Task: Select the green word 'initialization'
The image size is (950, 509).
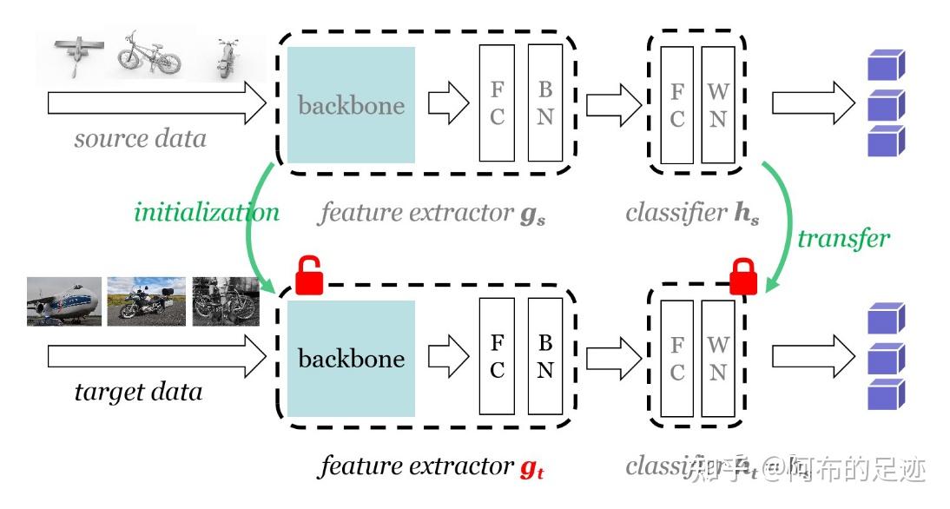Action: [207, 212]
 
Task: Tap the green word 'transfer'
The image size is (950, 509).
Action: [844, 237]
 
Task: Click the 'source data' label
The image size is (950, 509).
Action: [140, 138]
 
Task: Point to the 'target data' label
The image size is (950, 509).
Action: [138, 391]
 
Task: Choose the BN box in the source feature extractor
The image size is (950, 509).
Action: [544, 103]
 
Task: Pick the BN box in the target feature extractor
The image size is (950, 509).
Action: [544, 356]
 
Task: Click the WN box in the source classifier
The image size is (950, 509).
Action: [717, 104]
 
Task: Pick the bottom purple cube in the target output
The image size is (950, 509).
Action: [887, 394]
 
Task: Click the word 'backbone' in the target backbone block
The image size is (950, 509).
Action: [351, 358]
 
